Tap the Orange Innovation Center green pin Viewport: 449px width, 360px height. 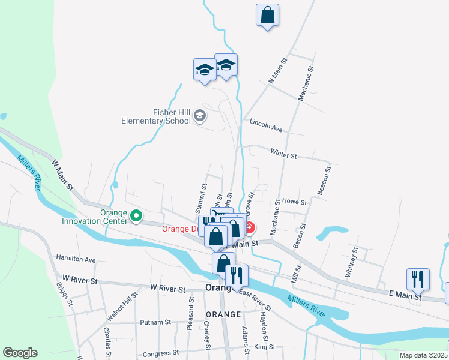tap(136, 214)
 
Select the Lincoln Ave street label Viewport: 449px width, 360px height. tap(266, 128)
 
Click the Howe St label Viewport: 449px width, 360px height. tap(294, 202)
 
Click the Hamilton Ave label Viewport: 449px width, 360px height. tap(76, 259)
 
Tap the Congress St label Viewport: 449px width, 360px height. tap(157, 353)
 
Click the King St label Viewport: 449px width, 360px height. tap(264, 347)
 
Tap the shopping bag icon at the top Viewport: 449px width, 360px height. tap(267, 15)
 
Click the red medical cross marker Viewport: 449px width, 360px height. tap(249, 227)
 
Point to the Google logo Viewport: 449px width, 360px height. tap(20, 353)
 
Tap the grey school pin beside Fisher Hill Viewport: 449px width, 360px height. tap(200, 116)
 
